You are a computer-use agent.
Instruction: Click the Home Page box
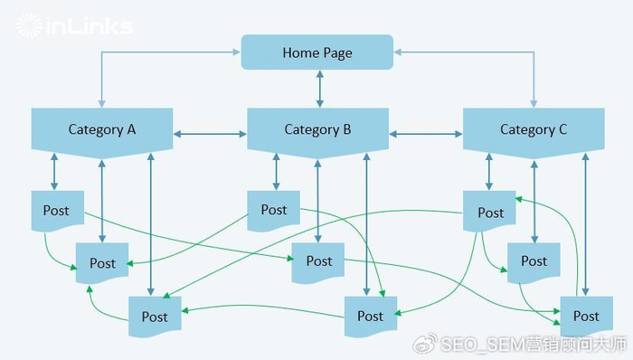[316, 52]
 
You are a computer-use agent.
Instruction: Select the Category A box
[102, 129]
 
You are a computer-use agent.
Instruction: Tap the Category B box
[317, 129]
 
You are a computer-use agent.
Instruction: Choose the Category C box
[534, 129]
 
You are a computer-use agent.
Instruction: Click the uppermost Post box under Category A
[56, 211]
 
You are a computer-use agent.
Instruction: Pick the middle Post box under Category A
[102, 263]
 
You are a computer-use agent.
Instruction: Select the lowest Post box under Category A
[155, 317]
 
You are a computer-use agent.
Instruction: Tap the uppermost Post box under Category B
[273, 210]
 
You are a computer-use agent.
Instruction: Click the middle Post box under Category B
[318, 261]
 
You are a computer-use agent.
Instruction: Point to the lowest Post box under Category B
[370, 316]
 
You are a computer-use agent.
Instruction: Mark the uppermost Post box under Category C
[490, 213]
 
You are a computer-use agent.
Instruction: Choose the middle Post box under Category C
[534, 261]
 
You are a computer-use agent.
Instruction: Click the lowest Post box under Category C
[586, 316]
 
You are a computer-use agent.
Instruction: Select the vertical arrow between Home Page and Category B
[317, 89]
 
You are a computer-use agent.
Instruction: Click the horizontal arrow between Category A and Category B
[210, 135]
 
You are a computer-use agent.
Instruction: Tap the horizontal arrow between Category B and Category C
[425, 135]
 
